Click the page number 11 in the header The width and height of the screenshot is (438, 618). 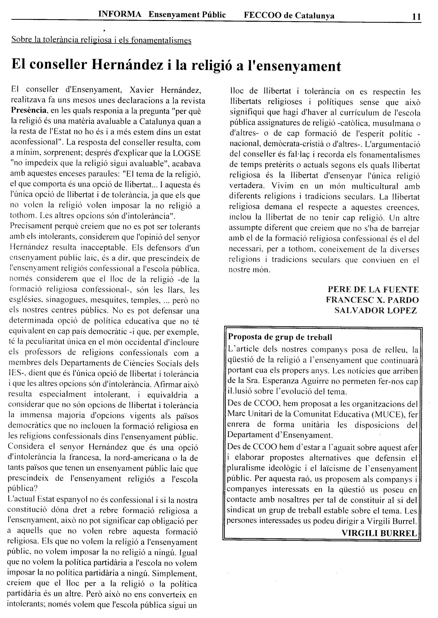[416, 17]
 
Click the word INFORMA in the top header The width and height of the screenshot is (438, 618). [120, 14]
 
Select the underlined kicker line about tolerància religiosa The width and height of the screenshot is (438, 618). [101, 40]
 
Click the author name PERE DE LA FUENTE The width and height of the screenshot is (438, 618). [373, 290]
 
